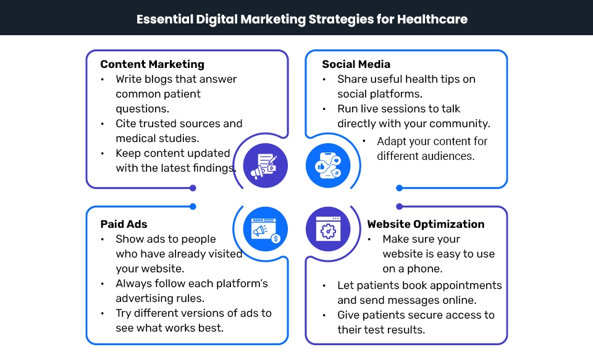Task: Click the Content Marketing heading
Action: tap(152, 64)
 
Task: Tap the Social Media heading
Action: tap(356, 64)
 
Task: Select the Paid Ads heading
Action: tap(124, 224)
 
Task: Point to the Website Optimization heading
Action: tap(426, 224)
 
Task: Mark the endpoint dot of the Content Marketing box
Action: tap(193, 188)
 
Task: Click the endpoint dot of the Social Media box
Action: tap(399, 188)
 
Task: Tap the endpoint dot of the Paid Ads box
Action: tap(193, 206)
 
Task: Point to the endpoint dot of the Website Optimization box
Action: tap(399, 206)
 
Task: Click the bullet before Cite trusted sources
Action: tap(103, 123)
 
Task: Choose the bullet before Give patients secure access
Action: tap(324, 315)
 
